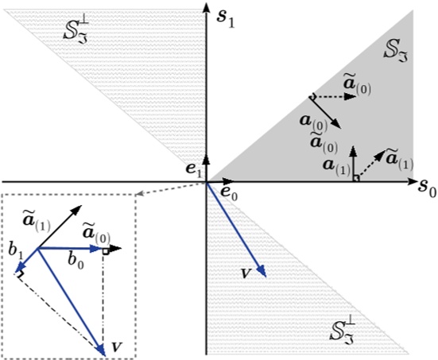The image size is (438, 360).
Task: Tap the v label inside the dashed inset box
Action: tap(117, 346)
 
